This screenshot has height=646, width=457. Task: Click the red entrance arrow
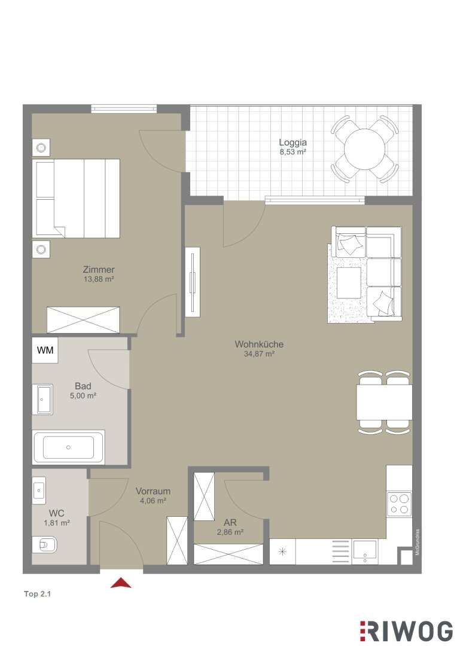(x=121, y=583)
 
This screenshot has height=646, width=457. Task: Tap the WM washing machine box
(x=45, y=350)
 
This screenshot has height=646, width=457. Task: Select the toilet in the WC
(x=45, y=544)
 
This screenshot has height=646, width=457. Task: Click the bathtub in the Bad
(x=68, y=447)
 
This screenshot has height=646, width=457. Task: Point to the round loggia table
(x=365, y=149)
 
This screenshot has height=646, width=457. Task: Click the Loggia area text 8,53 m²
(x=293, y=151)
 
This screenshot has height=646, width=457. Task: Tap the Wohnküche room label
(x=259, y=344)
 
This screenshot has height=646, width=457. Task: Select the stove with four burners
(x=400, y=504)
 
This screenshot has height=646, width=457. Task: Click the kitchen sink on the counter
(x=365, y=551)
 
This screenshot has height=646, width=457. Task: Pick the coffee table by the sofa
(x=349, y=282)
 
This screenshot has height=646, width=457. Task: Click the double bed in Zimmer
(x=76, y=199)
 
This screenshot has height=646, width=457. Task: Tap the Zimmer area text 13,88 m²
(x=99, y=279)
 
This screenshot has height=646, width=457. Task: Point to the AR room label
(x=230, y=522)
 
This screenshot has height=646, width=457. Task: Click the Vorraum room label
(x=153, y=491)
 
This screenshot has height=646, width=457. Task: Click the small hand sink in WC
(x=39, y=490)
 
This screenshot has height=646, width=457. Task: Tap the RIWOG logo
(x=406, y=631)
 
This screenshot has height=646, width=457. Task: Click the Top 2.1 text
(x=37, y=594)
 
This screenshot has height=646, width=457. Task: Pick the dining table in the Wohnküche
(x=385, y=402)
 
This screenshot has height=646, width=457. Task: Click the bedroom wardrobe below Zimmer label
(x=83, y=319)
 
